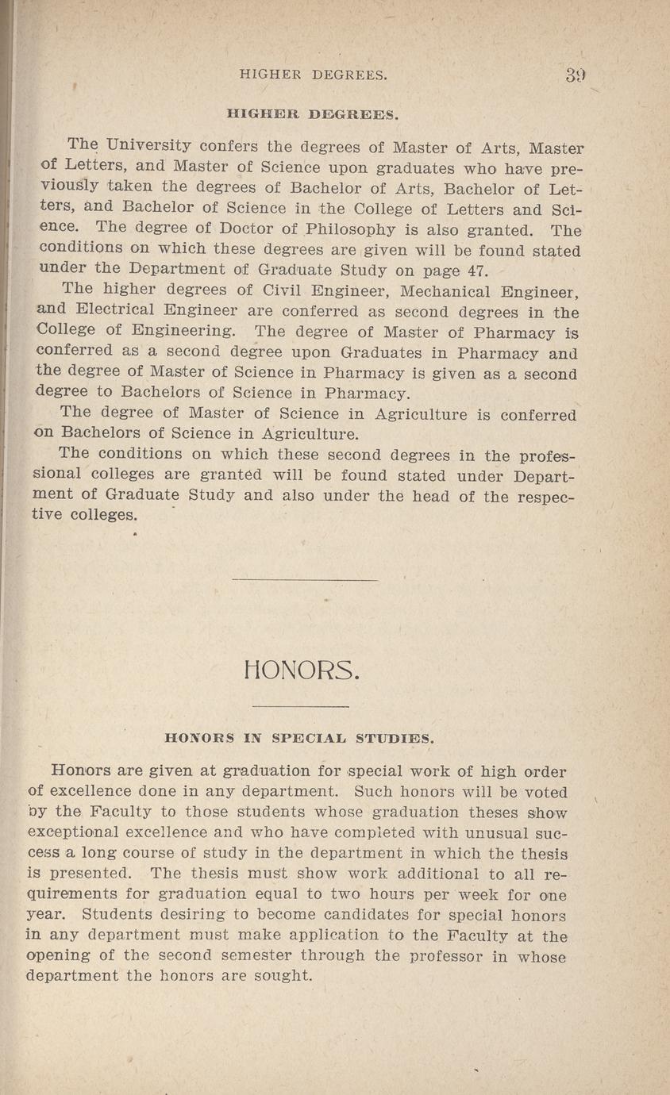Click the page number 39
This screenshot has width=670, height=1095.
[x=576, y=75]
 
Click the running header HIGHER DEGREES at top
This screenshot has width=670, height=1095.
[x=313, y=75]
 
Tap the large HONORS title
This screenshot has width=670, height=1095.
[x=304, y=673]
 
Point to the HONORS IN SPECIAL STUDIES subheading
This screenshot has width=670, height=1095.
[x=299, y=737]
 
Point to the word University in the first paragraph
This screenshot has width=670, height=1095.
[x=148, y=146]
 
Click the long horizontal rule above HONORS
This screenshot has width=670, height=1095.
[x=304, y=582]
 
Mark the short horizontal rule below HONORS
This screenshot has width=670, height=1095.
[x=300, y=705]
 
